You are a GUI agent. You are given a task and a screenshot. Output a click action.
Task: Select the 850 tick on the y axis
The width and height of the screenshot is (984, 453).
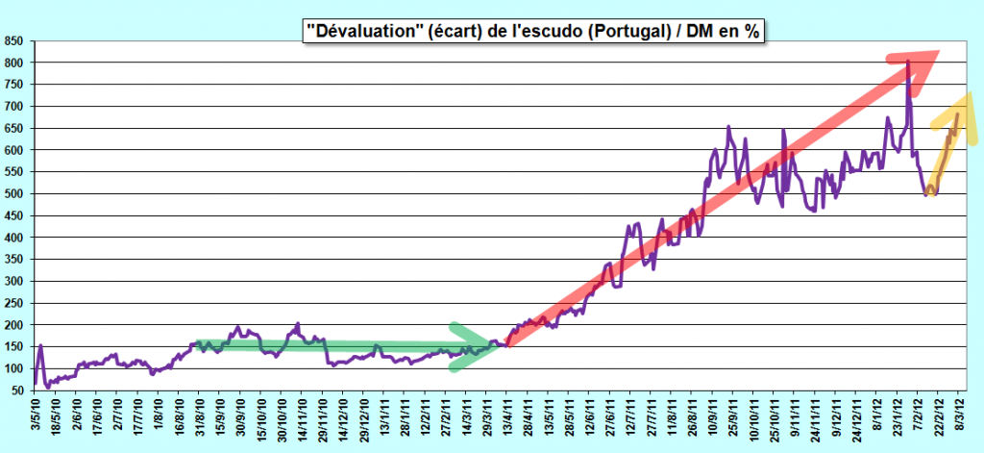tap(13, 41)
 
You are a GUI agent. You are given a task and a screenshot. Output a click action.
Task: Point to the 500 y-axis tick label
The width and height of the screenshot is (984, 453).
tap(13, 194)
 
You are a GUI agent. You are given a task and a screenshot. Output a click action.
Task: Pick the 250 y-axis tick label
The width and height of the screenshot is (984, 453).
tap(13, 304)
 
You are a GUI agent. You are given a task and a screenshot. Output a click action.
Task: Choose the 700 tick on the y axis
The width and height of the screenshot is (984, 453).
tap(13, 107)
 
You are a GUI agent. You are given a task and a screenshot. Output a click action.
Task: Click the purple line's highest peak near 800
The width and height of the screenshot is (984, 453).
tap(908, 61)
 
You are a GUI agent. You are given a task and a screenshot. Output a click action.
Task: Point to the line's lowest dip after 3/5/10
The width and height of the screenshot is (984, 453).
tap(48, 387)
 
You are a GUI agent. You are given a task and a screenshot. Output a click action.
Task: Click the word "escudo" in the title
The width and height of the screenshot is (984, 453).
tap(550, 31)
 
